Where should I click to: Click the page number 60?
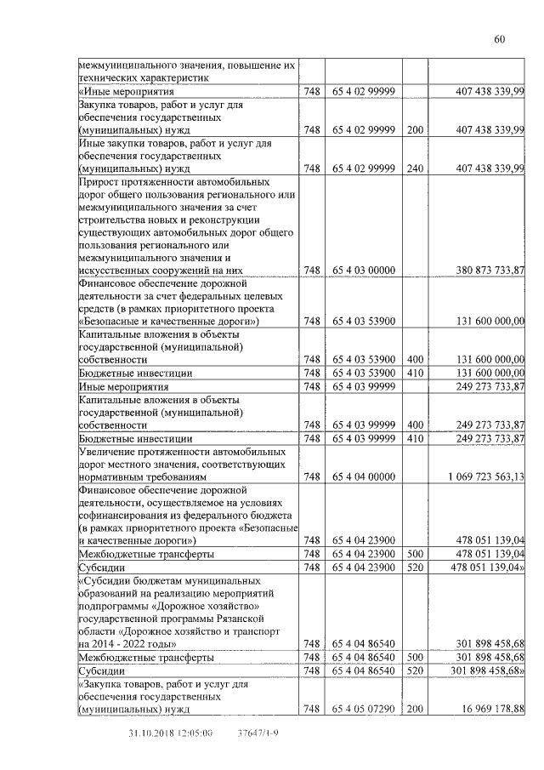[x=499, y=39]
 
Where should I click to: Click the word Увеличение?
[x=110, y=451]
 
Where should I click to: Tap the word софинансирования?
[x=123, y=516]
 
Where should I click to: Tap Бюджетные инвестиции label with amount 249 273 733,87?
[x=135, y=438]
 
